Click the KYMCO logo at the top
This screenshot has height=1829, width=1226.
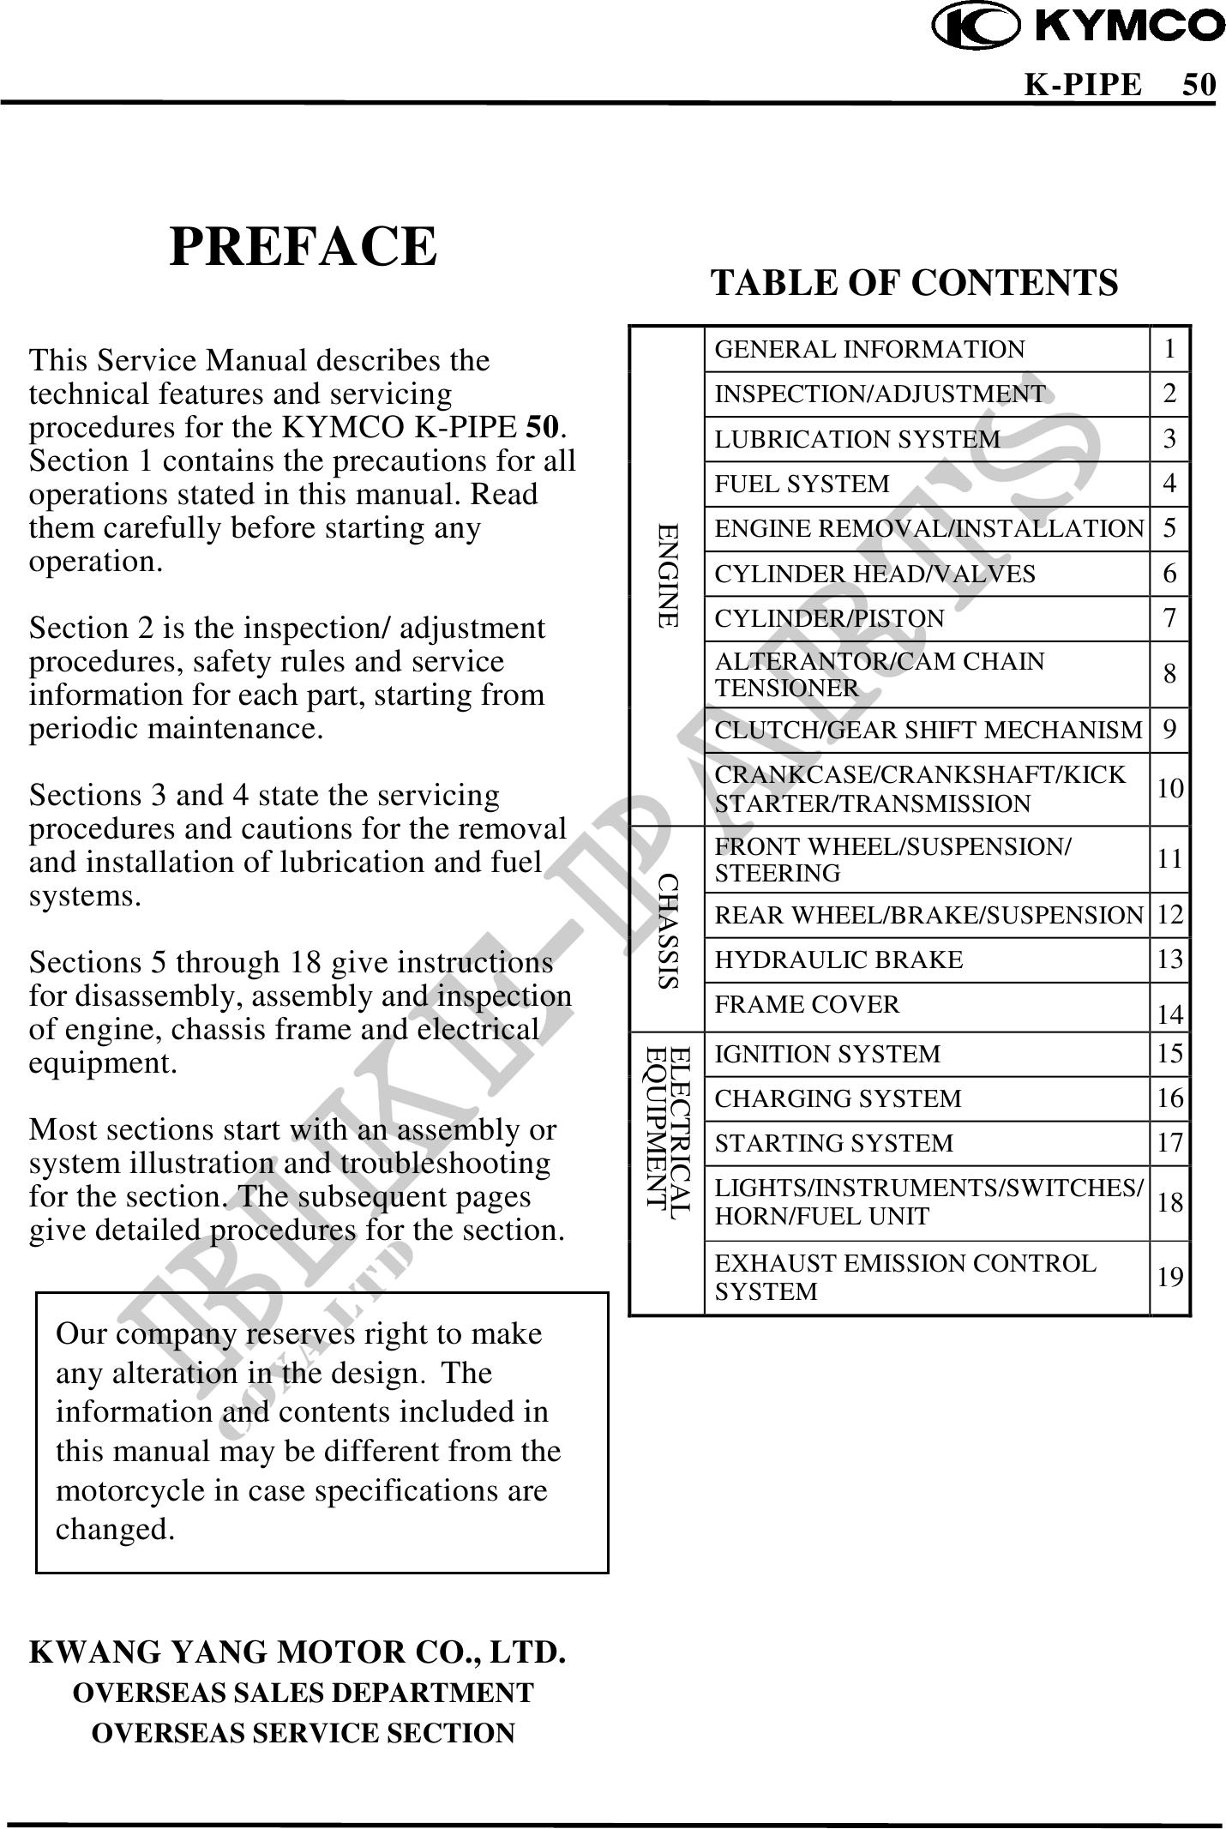pyautogui.click(x=1079, y=25)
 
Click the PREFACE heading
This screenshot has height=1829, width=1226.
pyautogui.click(x=303, y=247)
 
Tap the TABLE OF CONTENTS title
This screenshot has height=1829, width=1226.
pyautogui.click(x=915, y=282)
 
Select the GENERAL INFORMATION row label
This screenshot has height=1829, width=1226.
pyautogui.click(x=869, y=350)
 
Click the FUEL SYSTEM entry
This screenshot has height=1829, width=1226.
pyautogui.click(x=802, y=484)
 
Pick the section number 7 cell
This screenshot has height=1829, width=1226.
pyautogui.click(x=1169, y=618)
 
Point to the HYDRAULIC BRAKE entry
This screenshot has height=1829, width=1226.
pyautogui.click(x=838, y=960)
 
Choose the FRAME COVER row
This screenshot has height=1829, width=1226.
pyautogui.click(x=807, y=1005)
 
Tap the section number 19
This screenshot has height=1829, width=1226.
pyautogui.click(x=1169, y=1278)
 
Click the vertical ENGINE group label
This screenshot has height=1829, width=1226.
pyautogui.click(x=668, y=575)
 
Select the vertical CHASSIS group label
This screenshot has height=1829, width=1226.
pyautogui.click(x=668, y=930)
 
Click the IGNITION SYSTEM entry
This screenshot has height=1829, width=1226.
pyautogui.click(x=827, y=1054)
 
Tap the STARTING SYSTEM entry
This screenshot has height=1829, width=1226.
pyautogui.click(x=833, y=1143)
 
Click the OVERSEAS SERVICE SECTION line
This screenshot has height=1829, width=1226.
pyautogui.click(x=303, y=1733)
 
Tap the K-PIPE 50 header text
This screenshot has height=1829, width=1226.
pyautogui.click(x=1120, y=85)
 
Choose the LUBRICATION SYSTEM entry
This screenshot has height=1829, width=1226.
pyautogui.click(x=857, y=440)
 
